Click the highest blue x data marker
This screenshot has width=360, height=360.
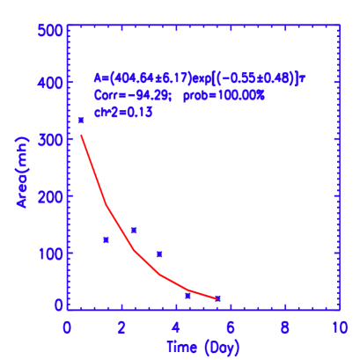[x=81, y=120]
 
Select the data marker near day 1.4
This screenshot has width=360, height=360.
[x=106, y=239]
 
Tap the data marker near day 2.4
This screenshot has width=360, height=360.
[x=133, y=230]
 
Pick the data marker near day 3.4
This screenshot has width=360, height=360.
[x=159, y=253]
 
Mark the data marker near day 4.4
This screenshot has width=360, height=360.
[x=187, y=296]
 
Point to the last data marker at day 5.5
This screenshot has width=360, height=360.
[x=217, y=298]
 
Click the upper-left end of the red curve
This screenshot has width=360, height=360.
[x=82, y=135]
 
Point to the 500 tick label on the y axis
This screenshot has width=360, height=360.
[x=50, y=30]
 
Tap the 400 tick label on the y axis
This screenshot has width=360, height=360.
[x=50, y=83]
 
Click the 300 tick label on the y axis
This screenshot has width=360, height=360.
[x=50, y=139]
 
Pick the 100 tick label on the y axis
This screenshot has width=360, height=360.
[x=50, y=253]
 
